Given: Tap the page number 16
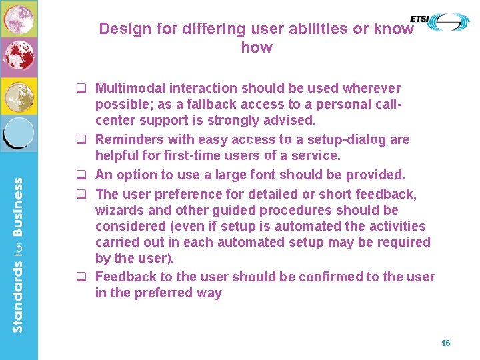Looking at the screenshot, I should [445, 343].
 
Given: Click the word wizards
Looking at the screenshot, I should [120, 210].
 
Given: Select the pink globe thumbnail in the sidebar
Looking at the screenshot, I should [18, 19].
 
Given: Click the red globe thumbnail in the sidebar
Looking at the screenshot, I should [18, 57].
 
